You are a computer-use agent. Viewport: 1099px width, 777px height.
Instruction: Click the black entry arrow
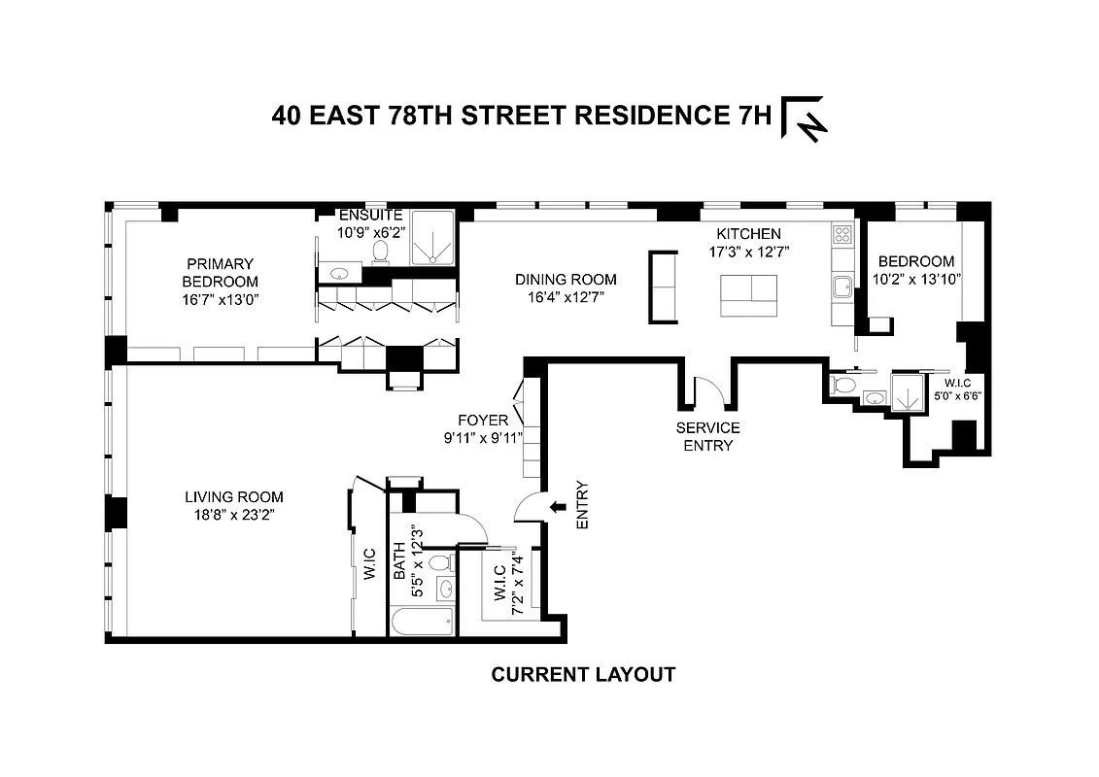558,507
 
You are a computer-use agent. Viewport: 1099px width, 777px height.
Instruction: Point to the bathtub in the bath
423,621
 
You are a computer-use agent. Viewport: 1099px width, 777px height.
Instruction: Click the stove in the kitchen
841,234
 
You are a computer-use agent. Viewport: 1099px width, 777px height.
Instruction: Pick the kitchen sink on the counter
842,286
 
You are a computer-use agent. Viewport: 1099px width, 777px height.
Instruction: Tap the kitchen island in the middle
748,295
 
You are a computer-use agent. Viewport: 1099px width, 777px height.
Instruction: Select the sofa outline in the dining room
664,287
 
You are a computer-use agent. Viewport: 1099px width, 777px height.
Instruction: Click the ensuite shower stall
428,238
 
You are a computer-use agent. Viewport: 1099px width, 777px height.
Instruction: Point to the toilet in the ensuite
380,252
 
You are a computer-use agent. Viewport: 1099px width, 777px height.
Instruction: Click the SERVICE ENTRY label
709,436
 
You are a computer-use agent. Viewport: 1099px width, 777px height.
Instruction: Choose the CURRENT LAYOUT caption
583,674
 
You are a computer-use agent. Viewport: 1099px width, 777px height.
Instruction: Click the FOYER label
485,421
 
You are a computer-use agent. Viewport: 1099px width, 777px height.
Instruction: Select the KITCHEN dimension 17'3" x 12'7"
748,252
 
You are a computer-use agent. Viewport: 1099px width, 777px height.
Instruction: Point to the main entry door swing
529,507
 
